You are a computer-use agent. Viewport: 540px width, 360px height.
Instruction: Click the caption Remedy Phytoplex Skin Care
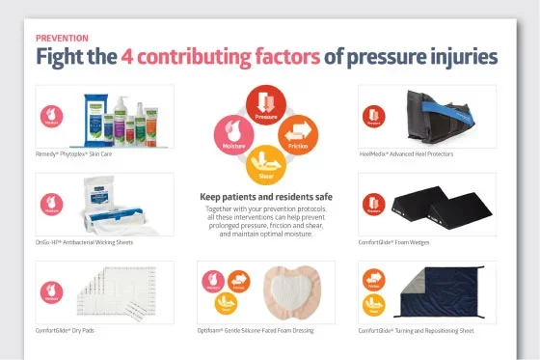(x=74, y=153)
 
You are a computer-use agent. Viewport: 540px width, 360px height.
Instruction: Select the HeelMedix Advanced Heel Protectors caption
(x=406, y=153)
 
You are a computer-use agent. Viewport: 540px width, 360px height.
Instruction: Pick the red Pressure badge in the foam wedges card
(x=373, y=204)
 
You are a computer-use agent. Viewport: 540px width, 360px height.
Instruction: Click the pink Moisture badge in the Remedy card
(x=51, y=117)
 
